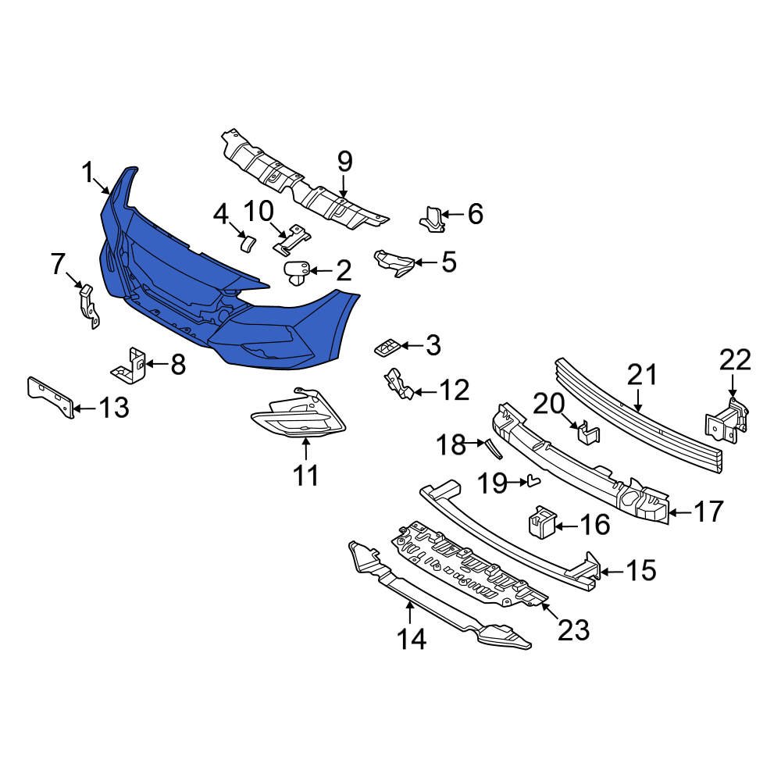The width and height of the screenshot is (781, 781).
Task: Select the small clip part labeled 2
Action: coord(295,273)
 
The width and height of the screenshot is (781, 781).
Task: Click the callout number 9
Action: coord(344,162)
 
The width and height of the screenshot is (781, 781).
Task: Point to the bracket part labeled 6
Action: coord(431,219)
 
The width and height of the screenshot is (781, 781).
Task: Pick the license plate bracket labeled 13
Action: coord(51,396)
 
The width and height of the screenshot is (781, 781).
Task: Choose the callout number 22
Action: coord(734,360)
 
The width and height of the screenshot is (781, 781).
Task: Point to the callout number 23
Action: coord(573,629)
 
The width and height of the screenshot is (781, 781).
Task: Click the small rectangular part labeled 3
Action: coord(388,346)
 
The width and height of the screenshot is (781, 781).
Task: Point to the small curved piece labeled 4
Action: coord(246,242)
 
